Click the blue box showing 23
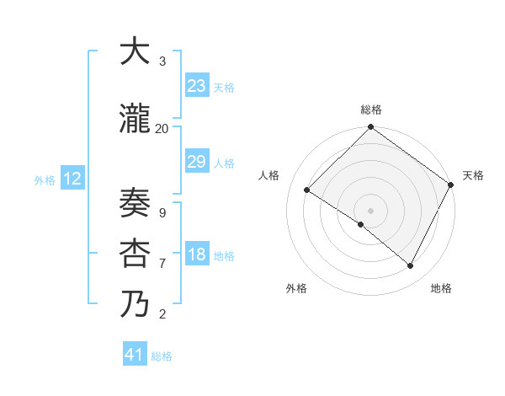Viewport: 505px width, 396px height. coord(196,86)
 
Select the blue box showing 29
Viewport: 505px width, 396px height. coord(196,162)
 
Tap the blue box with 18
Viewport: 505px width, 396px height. coord(196,254)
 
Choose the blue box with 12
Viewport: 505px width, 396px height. coord(72,179)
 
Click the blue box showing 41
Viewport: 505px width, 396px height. coord(135,355)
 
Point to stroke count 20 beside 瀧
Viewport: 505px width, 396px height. coord(162,129)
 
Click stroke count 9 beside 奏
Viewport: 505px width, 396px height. coord(162,212)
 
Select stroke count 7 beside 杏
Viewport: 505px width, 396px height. coord(162,264)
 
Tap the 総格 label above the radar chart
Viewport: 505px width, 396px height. coord(370,110)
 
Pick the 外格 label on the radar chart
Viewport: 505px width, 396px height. coord(296,288)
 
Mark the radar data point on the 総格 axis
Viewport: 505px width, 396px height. coord(370,128)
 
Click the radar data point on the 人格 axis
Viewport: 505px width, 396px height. coord(307,190)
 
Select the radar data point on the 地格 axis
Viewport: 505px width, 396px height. coord(411,265)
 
